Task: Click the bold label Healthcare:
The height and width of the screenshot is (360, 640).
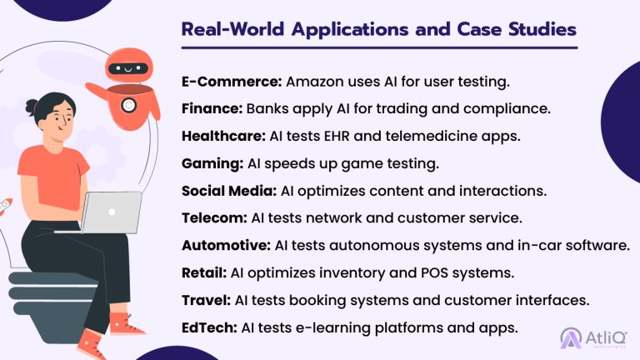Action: [x=224, y=136]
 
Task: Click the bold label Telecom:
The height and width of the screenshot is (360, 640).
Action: [x=214, y=217]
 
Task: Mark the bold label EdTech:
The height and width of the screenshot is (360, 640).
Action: [x=208, y=327]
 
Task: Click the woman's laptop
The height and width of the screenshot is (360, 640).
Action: [x=112, y=212]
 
